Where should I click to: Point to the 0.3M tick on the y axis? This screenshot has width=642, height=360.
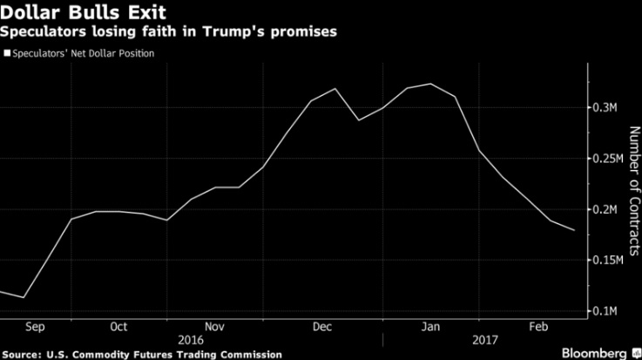(x=606, y=108)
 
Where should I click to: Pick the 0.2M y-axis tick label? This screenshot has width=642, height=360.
(x=606, y=209)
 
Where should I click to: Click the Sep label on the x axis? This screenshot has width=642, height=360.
(x=36, y=327)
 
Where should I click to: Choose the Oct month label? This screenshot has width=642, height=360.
(x=118, y=327)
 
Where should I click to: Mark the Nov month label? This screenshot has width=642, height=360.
(x=215, y=327)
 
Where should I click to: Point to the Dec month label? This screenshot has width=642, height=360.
(x=321, y=327)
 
